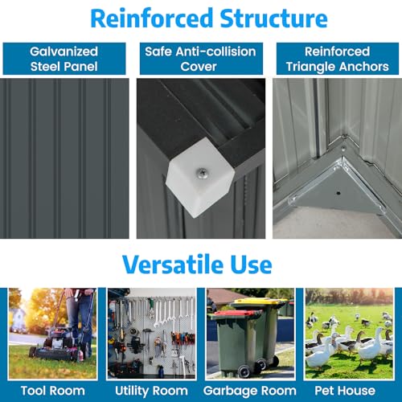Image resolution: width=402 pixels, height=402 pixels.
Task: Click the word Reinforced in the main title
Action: pyautogui.click(x=152, y=18)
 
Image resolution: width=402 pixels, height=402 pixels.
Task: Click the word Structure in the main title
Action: pyautogui.click(x=273, y=18)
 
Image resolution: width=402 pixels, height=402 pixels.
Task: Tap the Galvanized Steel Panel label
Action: pyautogui.click(x=64, y=59)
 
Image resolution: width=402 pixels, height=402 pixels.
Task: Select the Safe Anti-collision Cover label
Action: pyautogui.click(x=200, y=59)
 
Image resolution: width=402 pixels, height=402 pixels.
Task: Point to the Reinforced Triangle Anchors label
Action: pyautogui.click(x=338, y=59)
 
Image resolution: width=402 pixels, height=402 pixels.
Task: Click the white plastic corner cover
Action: pyautogui.click(x=199, y=177)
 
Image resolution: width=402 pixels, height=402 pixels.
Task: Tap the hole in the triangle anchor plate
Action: pyautogui.click(x=338, y=193)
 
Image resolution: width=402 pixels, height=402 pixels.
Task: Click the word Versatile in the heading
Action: pyautogui.click(x=173, y=265)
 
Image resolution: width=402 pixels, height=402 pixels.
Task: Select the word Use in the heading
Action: pyautogui.click(x=251, y=265)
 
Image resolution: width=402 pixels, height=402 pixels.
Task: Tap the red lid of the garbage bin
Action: pyautogui.click(x=236, y=314)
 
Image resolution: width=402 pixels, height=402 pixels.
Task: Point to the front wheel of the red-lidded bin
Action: pyautogui.click(x=244, y=371)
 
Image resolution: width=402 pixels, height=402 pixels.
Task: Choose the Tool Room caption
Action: pyautogui.click(x=53, y=391)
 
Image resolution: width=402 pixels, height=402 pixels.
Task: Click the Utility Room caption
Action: pyautogui.click(x=151, y=391)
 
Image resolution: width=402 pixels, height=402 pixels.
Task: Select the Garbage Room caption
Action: pyautogui.click(x=250, y=392)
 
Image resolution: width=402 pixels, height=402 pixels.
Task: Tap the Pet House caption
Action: pyautogui.click(x=345, y=391)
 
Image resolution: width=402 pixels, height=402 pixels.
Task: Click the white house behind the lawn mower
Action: pyautogui.click(x=18, y=320)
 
